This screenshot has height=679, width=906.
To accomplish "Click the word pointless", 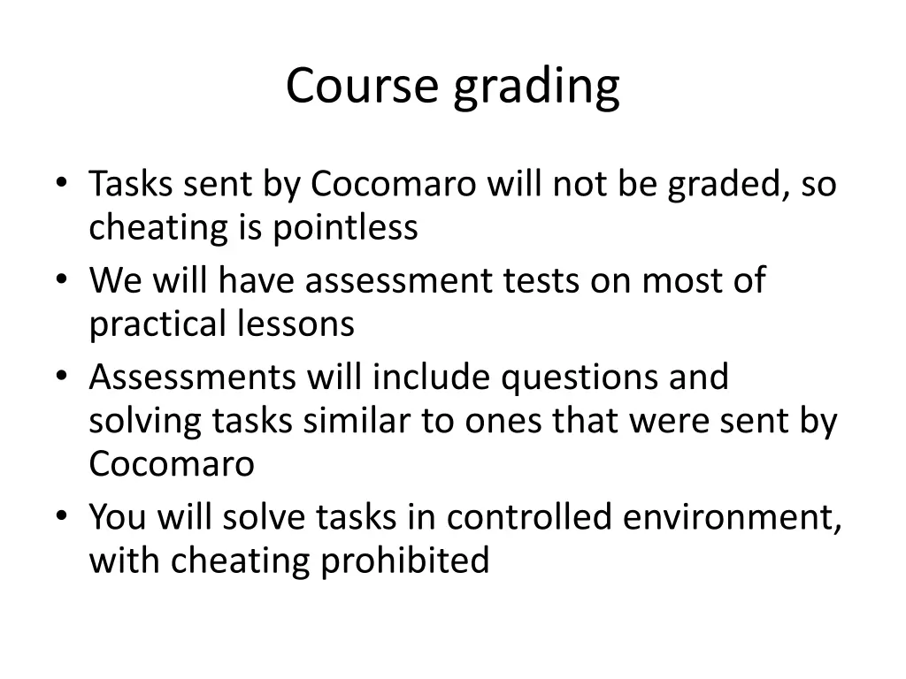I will pos(344,228).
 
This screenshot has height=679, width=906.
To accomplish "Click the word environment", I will pos(732,517).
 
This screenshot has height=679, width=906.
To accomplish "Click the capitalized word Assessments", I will pos(192,378).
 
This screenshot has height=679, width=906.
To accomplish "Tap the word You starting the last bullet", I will pos(119,517).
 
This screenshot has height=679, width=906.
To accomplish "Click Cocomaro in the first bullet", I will pos(394,185).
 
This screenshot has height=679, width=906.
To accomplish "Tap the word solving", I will pos(145,422).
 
